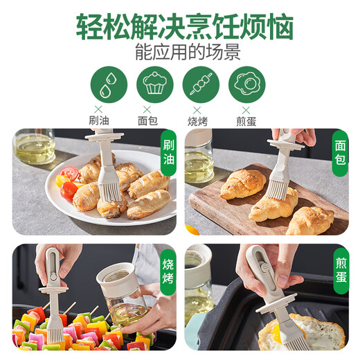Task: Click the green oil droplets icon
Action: click(108, 84)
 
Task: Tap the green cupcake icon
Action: click(154, 84)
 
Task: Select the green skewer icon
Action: click(201, 84)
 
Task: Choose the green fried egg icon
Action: click(246, 84)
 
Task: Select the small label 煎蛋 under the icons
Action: click(246, 120)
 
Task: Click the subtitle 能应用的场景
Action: click(180, 50)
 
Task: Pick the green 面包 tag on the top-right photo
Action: click(340, 153)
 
